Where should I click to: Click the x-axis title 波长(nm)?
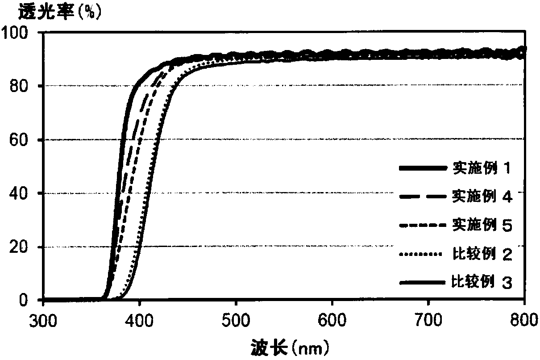point(290,347)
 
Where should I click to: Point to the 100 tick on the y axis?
point(14,33)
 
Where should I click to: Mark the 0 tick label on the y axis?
point(23,300)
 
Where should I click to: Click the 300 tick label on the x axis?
point(43,320)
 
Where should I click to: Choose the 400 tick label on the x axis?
point(139,320)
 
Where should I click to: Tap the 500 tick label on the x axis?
point(236,320)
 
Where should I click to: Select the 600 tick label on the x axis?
point(332,320)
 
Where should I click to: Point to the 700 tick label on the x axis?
point(428,320)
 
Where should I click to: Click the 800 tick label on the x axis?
point(524,320)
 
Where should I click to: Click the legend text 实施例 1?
point(482,167)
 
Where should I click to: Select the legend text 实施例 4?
point(482,196)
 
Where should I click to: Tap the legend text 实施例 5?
point(482,225)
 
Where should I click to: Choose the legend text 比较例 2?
point(482,254)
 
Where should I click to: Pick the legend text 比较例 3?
point(482,281)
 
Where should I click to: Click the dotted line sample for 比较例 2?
point(421,254)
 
